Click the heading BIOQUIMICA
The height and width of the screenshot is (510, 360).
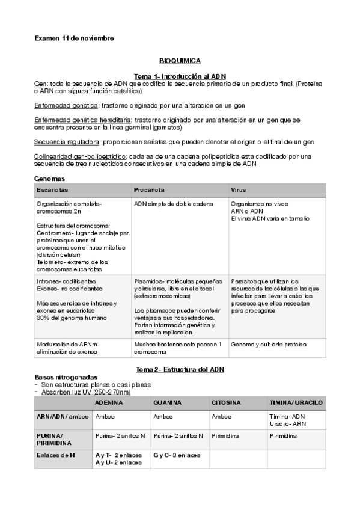point(180,61)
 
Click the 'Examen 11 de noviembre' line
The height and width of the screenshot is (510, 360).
point(75,38)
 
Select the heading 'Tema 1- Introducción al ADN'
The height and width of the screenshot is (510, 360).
point(180,77)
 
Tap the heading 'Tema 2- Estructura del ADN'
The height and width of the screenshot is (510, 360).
point(180,369)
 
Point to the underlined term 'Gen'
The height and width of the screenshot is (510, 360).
point(40,84)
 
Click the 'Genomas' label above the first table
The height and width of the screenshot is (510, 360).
point(50,179)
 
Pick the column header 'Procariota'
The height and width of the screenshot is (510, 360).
point(149,190)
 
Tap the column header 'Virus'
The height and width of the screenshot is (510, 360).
point(238,190)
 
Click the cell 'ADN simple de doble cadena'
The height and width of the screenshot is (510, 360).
point(173,204)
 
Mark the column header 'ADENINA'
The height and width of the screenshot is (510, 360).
point(109,402)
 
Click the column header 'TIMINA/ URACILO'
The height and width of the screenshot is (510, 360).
point(296,402)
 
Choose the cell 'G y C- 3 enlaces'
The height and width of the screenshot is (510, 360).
point(177,455)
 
